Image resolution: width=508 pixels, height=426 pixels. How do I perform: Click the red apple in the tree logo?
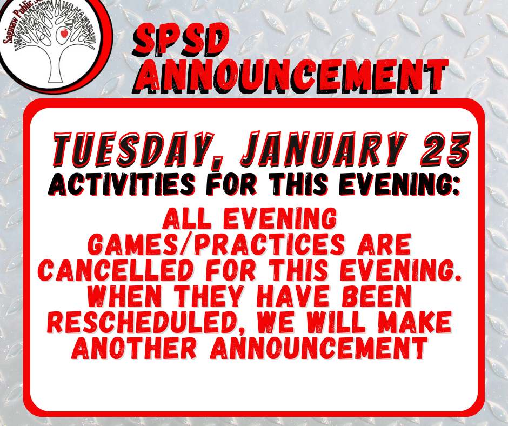[64, 32]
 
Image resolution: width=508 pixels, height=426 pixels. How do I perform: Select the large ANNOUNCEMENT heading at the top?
[290, 76]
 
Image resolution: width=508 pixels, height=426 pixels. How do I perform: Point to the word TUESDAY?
[133, 149]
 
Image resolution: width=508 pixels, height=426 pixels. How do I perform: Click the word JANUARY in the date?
[324, 149]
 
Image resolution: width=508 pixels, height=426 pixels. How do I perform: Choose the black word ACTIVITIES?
[122, 184]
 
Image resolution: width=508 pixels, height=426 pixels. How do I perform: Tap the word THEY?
[209, 296]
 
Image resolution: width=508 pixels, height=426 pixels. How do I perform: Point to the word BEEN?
[377, 296]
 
